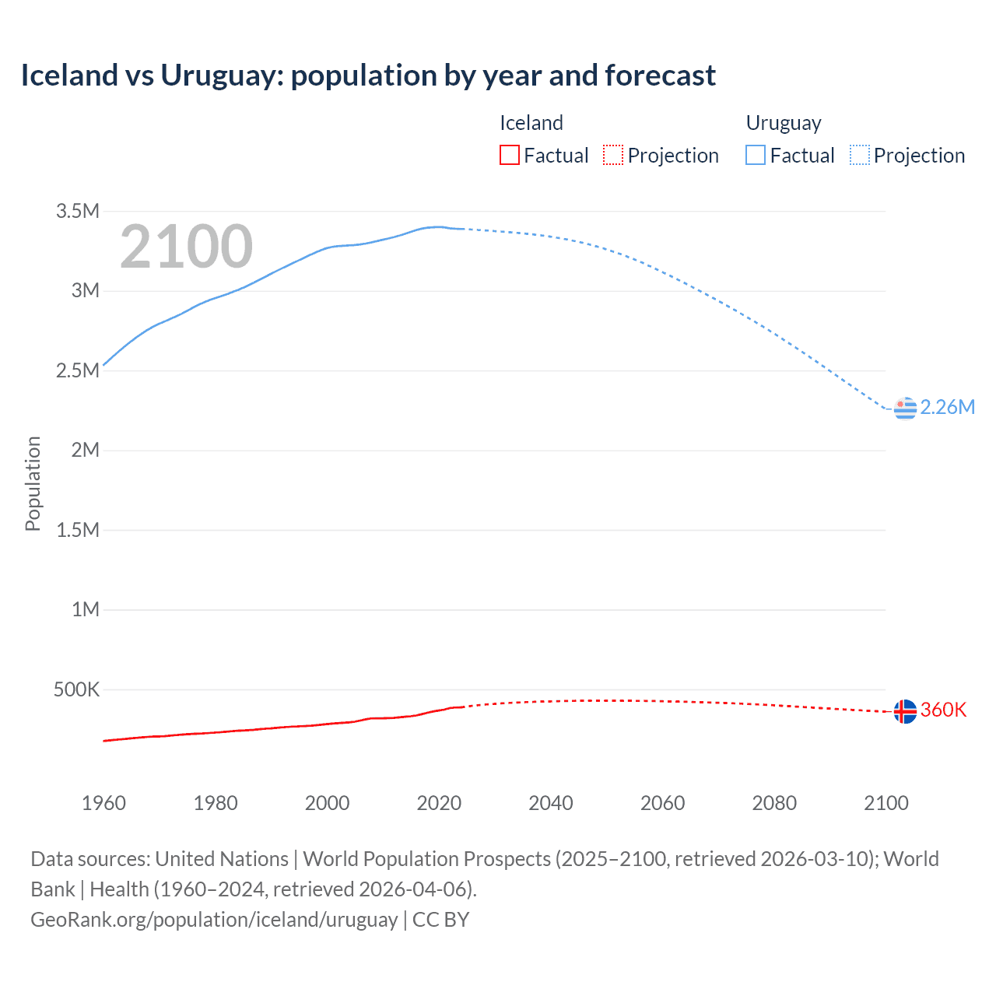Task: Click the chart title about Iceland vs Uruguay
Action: coord(368,75)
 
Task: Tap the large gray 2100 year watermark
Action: coord(186,247)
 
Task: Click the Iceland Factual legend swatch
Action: coord(509,155)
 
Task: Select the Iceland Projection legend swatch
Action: coord(613,155)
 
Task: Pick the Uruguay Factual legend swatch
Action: coord(755,155)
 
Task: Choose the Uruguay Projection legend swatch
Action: coord(859,155)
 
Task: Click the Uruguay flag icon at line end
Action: coord(905,408)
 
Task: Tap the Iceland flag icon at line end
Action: coord(905,710)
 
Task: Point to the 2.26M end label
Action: coord(947,407)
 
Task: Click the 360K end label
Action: coord(943,710)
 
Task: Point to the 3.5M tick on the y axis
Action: coord(77,211)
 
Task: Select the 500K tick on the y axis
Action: coord(76,689)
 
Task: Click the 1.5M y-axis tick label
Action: coord(77,530)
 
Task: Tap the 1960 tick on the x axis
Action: coord(103,803)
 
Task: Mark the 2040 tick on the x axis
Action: coord(551,803)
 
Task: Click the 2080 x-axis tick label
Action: coord(774,803)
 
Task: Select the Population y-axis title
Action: coord(33,483)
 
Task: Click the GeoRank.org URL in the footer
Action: coord(214,920)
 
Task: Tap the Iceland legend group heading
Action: coord(531,123)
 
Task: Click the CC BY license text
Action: coord(440,920)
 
